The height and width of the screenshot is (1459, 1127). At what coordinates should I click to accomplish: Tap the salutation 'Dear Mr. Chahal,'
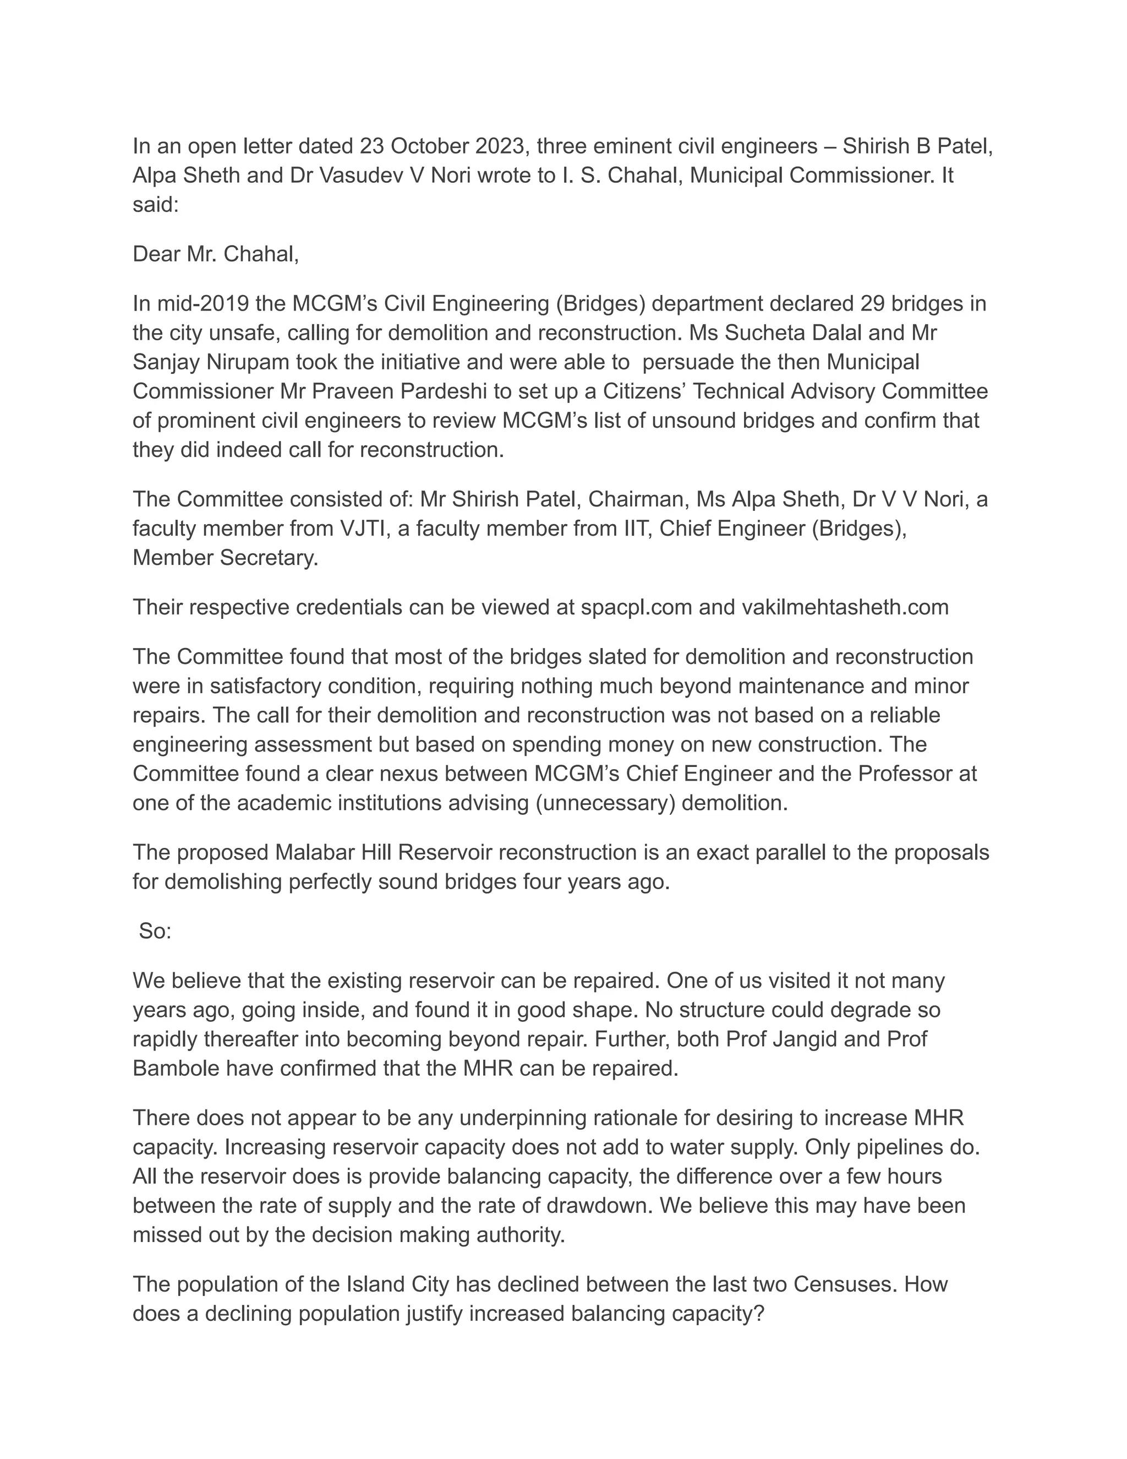point(216,254)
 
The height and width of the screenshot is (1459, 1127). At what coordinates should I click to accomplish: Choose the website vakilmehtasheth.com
point(845,607)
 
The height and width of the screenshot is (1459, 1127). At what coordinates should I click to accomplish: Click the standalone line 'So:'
point(155,931)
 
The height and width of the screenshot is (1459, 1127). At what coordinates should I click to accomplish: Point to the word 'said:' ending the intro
point(156,204)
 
